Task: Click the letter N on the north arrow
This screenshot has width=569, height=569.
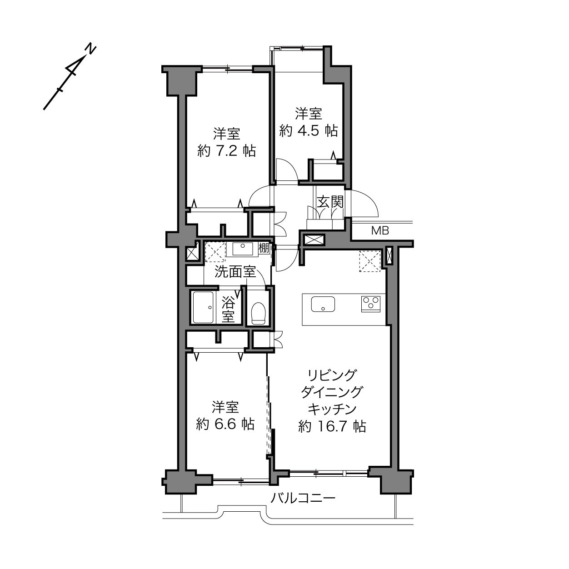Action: pyautogui.click(x=91, y=49)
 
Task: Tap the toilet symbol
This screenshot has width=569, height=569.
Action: pyautogui.click(x=259, y=313)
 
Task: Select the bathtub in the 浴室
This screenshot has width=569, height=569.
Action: pyautogui.click(x=203, y=307)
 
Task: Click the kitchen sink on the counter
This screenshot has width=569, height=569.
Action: pyautogui.click(x=323, y=304)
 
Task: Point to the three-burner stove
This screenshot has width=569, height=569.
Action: pyautogui.click(x=370, y=304)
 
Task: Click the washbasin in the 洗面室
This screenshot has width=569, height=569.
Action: pyautogui.click(x=242, y=249)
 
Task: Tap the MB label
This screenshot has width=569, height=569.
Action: pyautogui.click(x=380, y=230)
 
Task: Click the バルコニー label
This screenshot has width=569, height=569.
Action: pyautogui.click(x=303, y=499)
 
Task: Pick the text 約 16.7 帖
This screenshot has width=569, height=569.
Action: pyautogui.click(x=332, y=426)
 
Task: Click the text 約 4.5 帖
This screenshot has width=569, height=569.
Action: pyautogui.click(x=309, y=130)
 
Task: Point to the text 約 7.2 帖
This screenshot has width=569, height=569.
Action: pyautogui.click(x=226, y=151)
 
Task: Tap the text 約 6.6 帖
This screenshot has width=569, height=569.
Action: pyautogui.click(x=225, y=424)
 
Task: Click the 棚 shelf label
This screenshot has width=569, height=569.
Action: pyautogui.click(x=264, y=247)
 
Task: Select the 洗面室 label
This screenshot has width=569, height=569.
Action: pyautogui.click(x=235, y=272)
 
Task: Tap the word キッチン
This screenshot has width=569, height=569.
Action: pyautogui.click(x=332, y=409)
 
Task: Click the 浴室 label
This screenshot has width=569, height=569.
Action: pyautogui.click(x=228, y=310)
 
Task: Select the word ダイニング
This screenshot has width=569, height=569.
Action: pyautogui.click(x=332, y=392)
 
